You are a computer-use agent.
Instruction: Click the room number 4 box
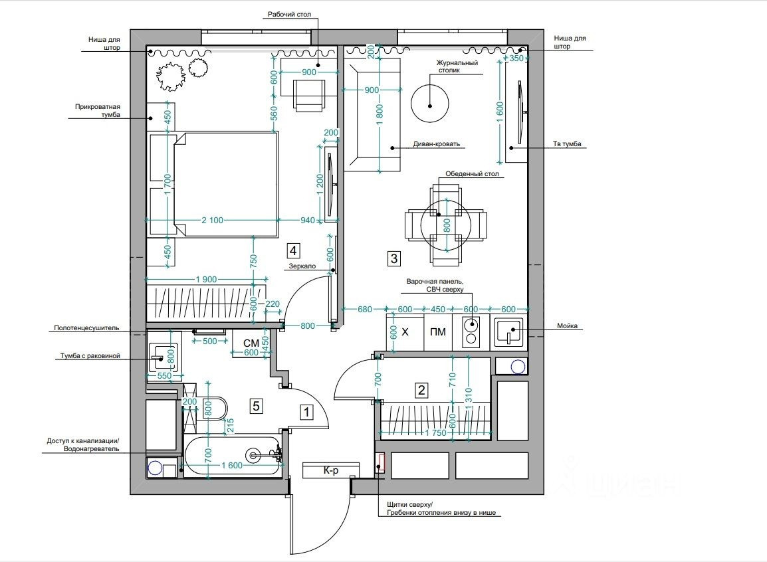(x=293, y=251)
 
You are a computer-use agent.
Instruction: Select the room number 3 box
(x=393, y=258)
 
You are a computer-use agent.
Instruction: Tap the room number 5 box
(x=257, y=406)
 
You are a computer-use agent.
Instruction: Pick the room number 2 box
(x=421, y=390)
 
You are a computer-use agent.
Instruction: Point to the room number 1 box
(x=306, y=412)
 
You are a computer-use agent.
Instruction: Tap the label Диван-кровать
(x=436, y=144)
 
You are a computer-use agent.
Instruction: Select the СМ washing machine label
(x=251, y=343)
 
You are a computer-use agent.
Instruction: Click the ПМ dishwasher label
(x=438, y=332)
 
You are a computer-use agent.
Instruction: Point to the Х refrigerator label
(x=405, y=332)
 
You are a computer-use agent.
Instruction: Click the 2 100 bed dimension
(x=212, y=221)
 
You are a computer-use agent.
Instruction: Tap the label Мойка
(x=567, y=326)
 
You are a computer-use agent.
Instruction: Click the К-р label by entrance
(x=331, y=470)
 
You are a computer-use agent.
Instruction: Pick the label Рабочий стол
(x=289, y=15)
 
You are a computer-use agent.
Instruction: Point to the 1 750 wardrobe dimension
(x=435, y=433)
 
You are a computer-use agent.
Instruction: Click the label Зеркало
(x=302, y=266)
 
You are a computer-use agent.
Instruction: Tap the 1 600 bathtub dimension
(x=232, y=465)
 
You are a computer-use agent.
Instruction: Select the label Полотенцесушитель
(x=86, y=328)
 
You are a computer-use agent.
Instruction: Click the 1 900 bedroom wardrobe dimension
(x=206, y=280)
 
